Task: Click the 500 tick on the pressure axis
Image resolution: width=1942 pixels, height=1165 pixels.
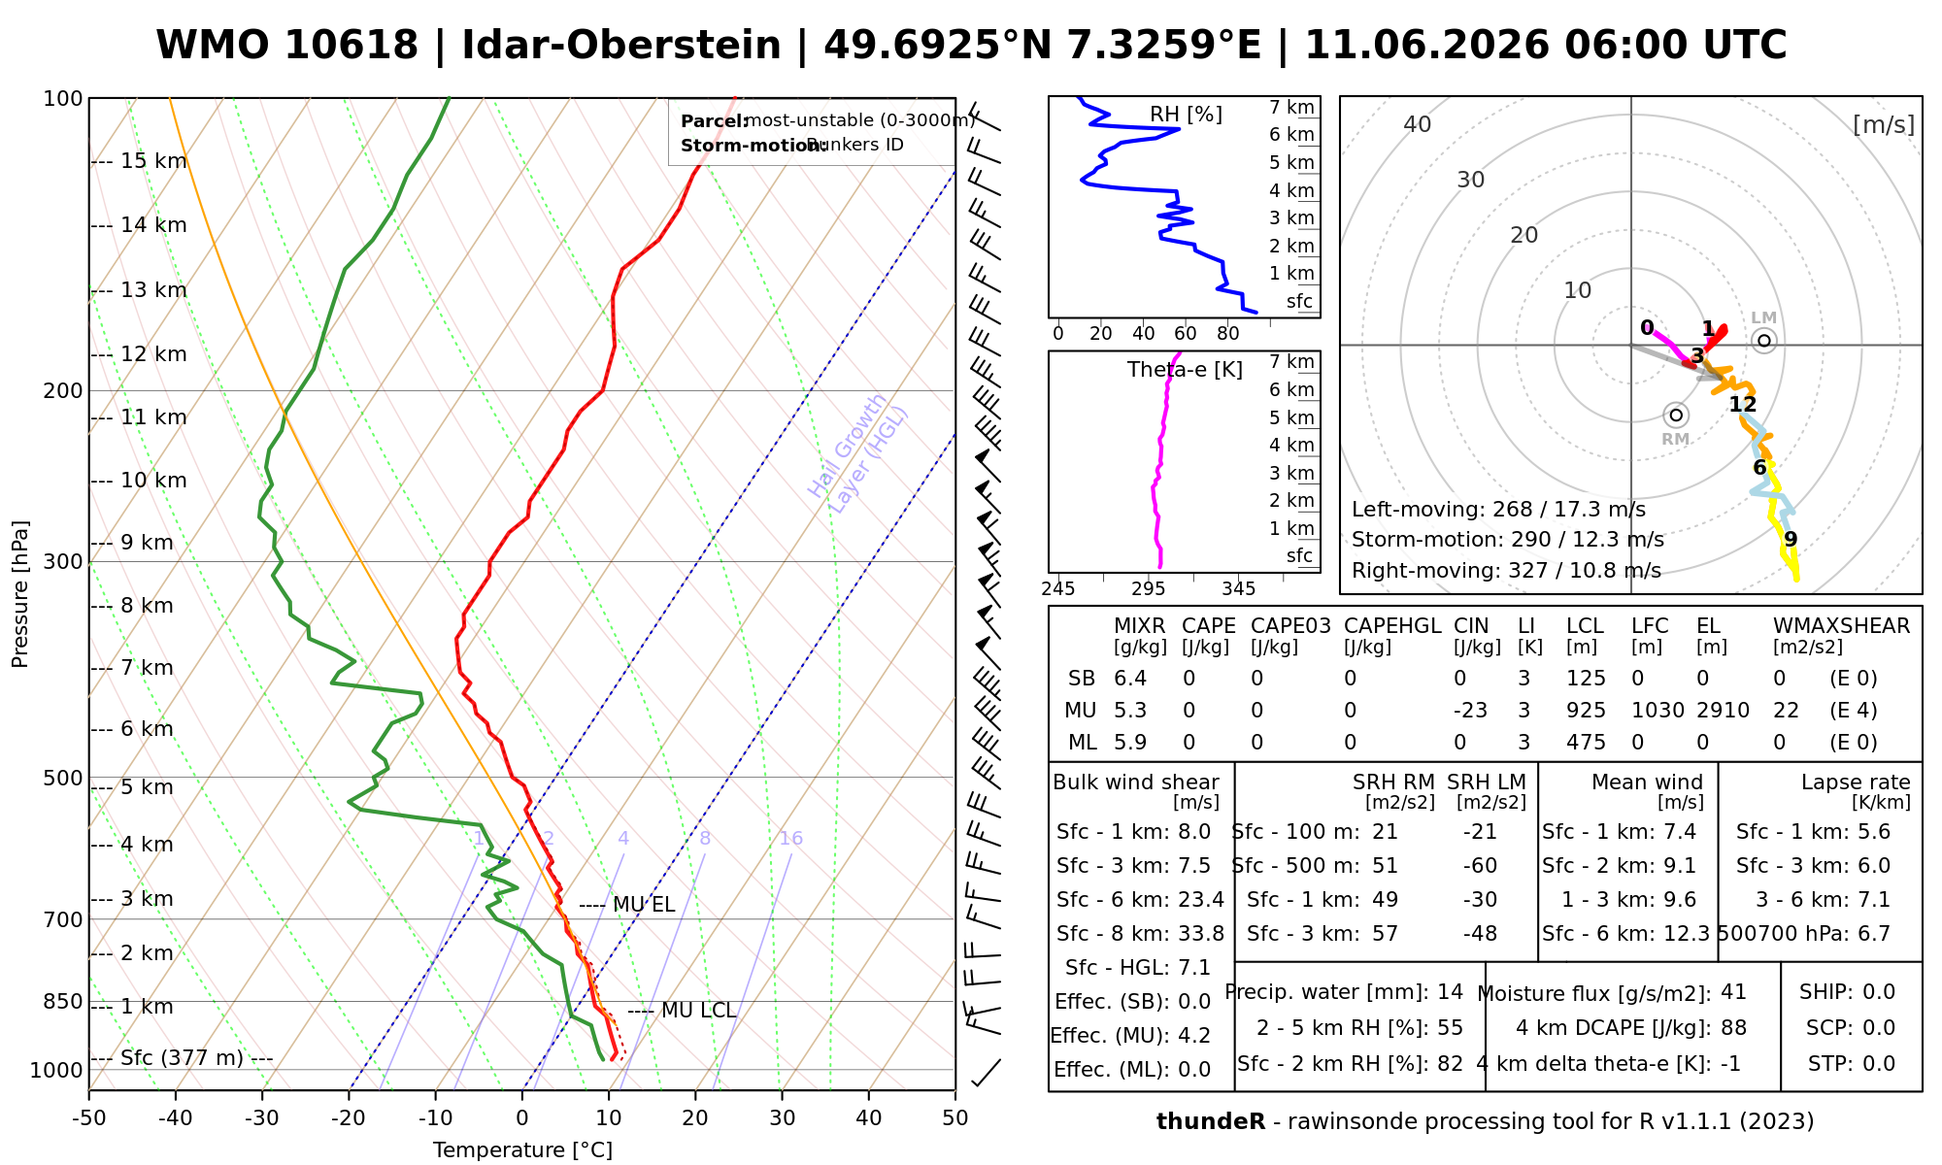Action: coord(63,778)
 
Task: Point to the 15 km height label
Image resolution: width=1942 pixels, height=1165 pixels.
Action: coord(153,161)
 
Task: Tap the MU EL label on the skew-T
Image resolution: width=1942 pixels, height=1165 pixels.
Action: coord(644,906)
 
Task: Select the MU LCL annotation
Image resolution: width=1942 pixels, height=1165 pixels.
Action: coord(698,1011)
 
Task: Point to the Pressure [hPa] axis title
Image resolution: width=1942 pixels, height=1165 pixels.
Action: coord(20,594)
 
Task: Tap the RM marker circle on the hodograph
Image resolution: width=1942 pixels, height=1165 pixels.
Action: coord(1676,415)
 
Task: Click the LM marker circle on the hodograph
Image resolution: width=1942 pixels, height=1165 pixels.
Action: coord(1764,340)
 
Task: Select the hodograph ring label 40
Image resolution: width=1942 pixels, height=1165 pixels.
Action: coord(1418,124)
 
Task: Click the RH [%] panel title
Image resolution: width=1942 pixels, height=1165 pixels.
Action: coord(1186,115)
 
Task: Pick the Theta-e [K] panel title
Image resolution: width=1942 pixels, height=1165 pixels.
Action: coord(1185,370)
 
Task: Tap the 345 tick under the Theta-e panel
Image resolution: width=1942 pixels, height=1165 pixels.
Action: coord(1238,589)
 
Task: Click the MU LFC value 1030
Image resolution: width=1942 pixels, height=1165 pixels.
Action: coord(1657,711)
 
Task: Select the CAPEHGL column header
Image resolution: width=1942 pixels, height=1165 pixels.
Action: coord(1392,626)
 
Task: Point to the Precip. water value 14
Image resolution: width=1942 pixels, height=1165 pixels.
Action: coord(1450,992)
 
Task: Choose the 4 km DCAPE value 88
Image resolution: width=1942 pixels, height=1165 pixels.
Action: coord(1733,1028)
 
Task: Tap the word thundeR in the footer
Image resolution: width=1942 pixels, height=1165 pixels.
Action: coord(1211,1122)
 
